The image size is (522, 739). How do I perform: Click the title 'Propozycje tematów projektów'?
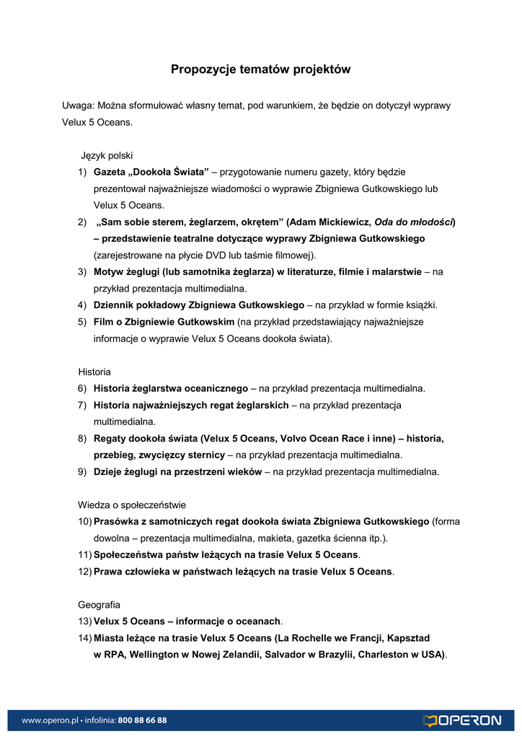260,69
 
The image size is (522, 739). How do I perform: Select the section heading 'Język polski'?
106,155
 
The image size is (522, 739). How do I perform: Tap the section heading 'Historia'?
94,372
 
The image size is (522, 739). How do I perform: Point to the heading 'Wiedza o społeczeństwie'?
132,504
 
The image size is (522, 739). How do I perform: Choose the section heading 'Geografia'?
99,604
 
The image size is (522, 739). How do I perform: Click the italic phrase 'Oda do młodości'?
413,222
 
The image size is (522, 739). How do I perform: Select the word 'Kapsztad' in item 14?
409,638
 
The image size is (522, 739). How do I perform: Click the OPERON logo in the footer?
462,720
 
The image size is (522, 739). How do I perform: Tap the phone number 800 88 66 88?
142,720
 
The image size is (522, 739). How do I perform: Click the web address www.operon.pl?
49,720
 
